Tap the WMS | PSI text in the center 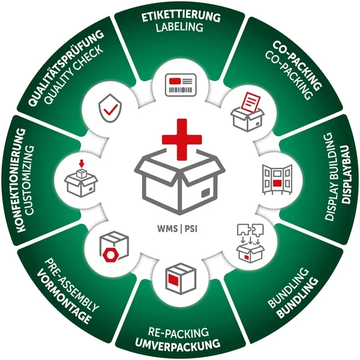pyautogui.click(x=179, y=228)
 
